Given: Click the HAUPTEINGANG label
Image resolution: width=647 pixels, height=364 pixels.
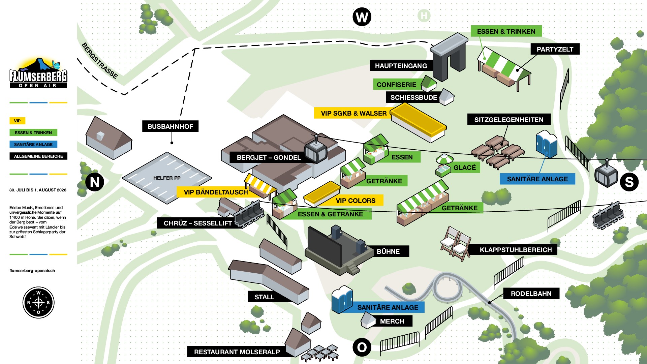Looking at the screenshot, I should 401,66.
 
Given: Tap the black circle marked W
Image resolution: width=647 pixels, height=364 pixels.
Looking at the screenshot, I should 362,17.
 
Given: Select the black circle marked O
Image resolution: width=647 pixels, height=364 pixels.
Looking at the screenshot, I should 362,347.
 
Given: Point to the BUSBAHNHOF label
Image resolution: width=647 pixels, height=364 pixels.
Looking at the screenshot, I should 170,126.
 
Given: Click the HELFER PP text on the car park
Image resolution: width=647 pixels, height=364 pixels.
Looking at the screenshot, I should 167,178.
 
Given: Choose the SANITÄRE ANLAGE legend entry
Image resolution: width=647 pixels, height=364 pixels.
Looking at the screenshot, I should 33,145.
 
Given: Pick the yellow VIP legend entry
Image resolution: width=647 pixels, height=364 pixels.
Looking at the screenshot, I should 17,121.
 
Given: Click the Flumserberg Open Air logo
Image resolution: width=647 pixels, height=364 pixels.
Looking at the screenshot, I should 38,73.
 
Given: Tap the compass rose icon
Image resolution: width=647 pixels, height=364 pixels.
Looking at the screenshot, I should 38,302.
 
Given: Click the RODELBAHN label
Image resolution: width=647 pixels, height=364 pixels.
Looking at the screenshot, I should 531,294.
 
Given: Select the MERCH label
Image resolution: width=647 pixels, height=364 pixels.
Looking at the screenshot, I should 392,321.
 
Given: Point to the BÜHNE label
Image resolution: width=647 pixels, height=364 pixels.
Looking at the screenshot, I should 388,251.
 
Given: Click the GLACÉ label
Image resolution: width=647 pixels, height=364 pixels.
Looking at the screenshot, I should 465,168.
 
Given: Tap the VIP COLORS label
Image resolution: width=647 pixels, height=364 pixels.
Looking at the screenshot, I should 356,201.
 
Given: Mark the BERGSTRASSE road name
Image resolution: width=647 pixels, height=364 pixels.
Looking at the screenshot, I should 100,61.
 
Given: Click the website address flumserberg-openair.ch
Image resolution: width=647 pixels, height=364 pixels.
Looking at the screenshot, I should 32,271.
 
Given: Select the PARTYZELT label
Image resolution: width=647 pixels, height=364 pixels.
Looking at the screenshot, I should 555,49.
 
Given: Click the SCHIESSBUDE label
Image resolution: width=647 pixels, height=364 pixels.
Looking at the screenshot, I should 413,97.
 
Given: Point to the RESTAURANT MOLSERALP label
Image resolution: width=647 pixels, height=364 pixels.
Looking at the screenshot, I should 237,352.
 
